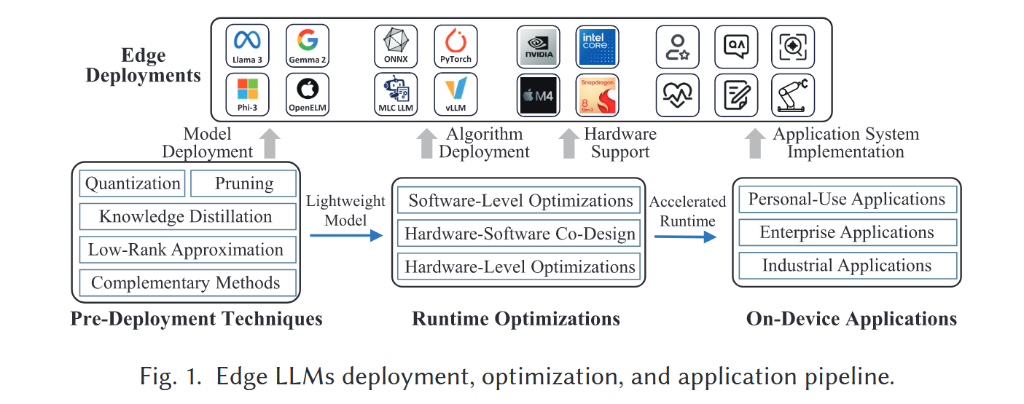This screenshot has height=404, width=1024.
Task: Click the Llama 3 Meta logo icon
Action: pos(248,46)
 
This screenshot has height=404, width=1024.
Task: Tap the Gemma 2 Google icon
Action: pos(307,46)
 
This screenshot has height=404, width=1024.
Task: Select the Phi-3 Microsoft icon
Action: pos(248,95)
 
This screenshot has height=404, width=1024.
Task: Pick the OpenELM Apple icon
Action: pos(307,95)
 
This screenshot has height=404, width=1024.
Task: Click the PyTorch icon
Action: pos(456,46)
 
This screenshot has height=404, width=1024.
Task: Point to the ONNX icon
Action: pos(396,46)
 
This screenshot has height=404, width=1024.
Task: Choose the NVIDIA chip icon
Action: pos(538,46)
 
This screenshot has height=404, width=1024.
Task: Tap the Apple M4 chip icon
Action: pos(538,95)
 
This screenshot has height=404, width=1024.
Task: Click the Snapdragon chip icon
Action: pos(597,95)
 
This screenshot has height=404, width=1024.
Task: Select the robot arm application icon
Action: pos(793,95)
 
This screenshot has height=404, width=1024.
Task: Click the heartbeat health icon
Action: pos(677,95)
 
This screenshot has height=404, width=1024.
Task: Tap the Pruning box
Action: pos(243,183)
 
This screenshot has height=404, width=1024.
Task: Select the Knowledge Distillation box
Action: pos(185,216)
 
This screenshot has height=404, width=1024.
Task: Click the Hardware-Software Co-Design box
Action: pos(520,234)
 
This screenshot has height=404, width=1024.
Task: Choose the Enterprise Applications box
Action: pos(846,232)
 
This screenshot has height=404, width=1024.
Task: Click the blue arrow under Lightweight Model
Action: pos(345,235)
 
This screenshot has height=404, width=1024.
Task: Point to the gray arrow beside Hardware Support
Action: pos(568,143)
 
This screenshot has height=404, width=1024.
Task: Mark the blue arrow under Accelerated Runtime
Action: pos(685,237)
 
